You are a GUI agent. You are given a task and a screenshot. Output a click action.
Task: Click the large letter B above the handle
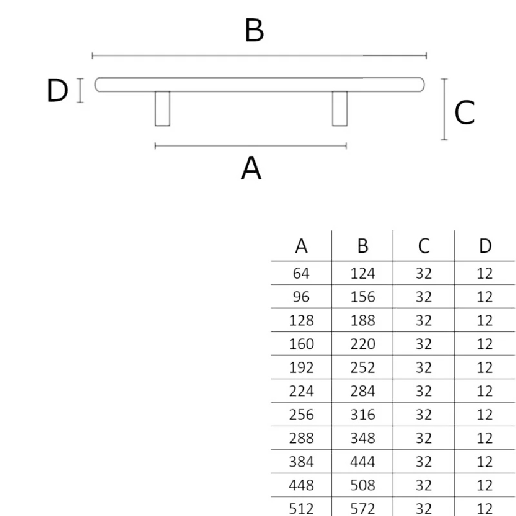click(254, 30)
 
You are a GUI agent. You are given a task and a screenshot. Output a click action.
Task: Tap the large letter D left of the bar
click(58, 90)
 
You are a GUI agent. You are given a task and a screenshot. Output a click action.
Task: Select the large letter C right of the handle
click(464, 112)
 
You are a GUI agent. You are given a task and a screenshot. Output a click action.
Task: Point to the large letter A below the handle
click(251, 168)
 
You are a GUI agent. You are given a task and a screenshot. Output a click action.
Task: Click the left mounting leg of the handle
click(162, 108)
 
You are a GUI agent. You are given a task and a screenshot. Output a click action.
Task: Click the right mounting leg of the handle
click(340, 108)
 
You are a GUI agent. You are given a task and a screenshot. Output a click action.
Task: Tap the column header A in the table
click(301, 246)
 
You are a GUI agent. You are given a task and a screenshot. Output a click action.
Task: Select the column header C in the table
click(424, 246)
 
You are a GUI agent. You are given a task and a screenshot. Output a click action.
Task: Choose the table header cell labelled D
click(485, 246)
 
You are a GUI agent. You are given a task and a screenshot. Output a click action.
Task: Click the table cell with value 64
click(301, 273)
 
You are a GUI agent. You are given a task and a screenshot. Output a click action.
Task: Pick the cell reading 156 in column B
click(362, 297)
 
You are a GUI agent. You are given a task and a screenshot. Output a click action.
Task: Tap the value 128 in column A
click(301, 320)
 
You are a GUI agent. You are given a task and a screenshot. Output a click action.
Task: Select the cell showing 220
click(362, 344)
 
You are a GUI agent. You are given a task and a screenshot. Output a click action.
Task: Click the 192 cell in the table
click(301, 367)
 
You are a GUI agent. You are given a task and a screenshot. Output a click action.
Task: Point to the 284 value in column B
click(362, 391)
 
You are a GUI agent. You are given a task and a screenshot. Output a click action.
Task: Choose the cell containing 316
click(362, 415)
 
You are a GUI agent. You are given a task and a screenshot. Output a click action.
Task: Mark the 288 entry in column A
click(301, 438)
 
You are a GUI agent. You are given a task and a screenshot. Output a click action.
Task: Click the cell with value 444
click(362, 462)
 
